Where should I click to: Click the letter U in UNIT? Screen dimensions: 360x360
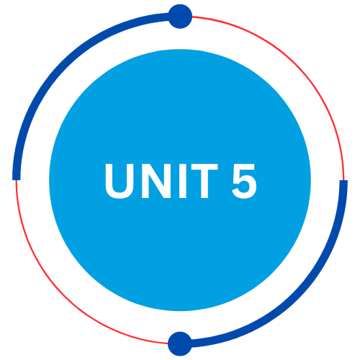[120, 181]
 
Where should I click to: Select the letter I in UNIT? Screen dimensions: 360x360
[183, 181]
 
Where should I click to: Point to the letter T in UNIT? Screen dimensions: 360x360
[204, 181]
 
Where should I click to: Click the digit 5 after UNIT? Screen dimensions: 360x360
[244, 181]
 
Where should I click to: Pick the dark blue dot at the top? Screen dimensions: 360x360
[180, 17]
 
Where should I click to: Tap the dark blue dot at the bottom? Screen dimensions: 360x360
[180, 343]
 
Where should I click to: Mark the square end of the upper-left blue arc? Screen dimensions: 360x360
[17, 179]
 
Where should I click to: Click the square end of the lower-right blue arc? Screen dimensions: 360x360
[343, 181]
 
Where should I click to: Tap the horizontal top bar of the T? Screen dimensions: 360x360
[204, 167]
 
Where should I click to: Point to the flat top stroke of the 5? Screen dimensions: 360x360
[246, 167]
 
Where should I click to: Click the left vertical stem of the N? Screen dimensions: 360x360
[145, 181]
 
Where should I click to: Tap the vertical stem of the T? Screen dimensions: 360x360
[204, 184]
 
